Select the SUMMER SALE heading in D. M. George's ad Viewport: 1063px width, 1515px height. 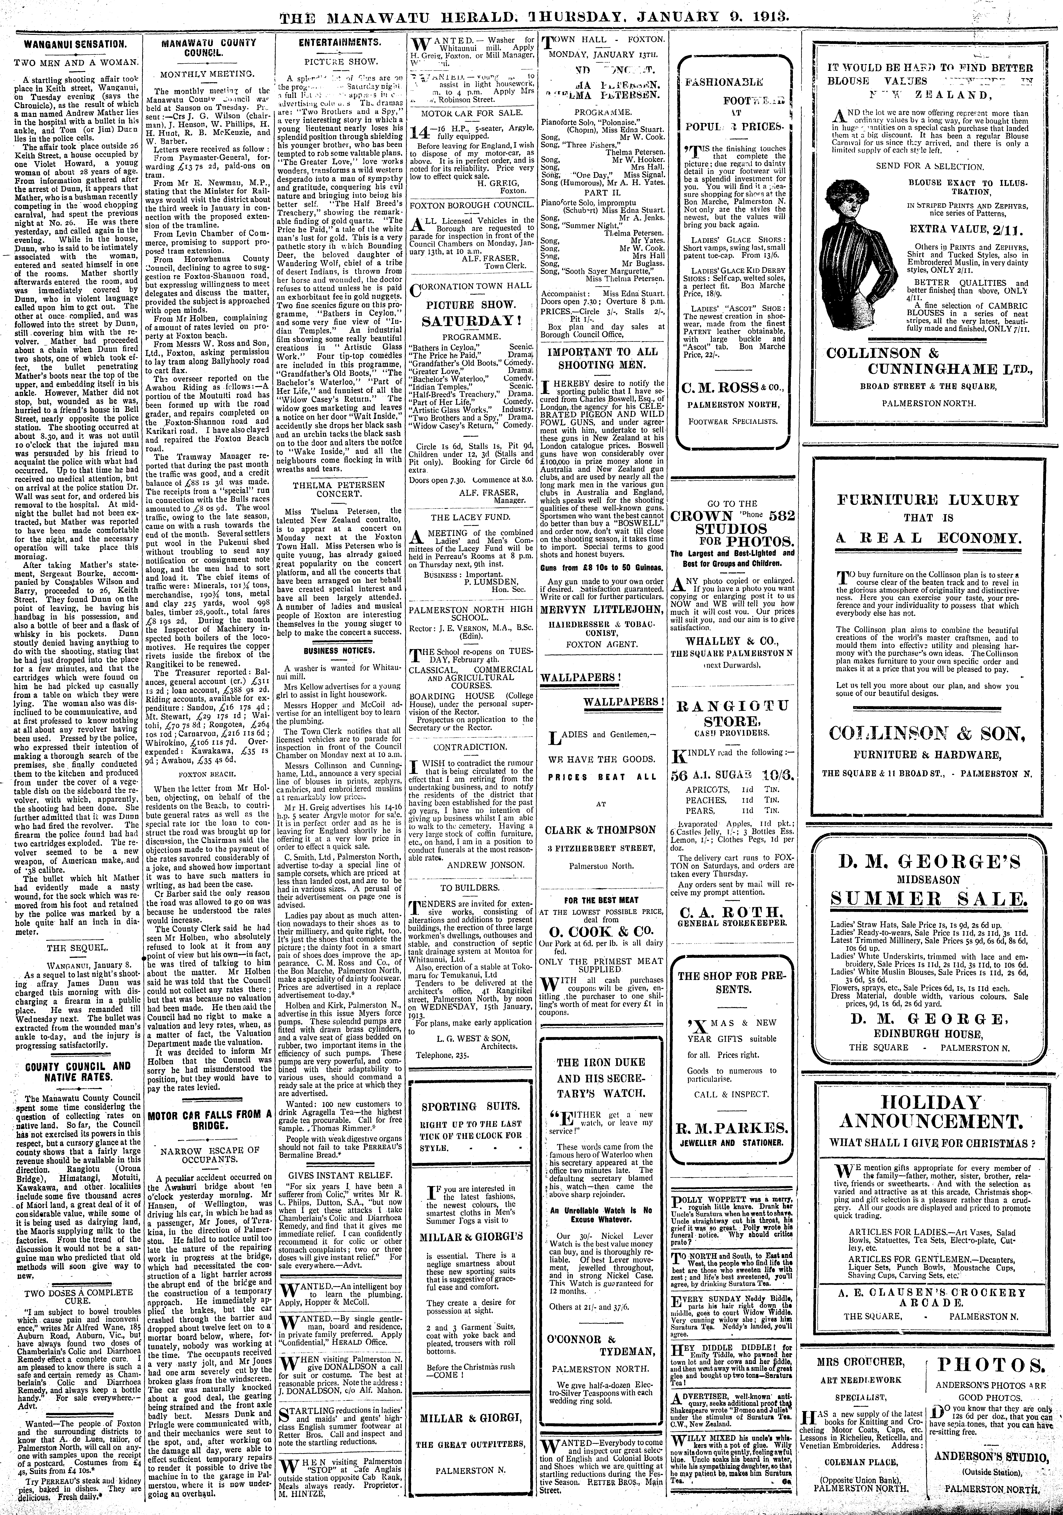(928, 899)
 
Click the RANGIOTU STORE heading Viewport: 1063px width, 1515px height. (732, 713)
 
